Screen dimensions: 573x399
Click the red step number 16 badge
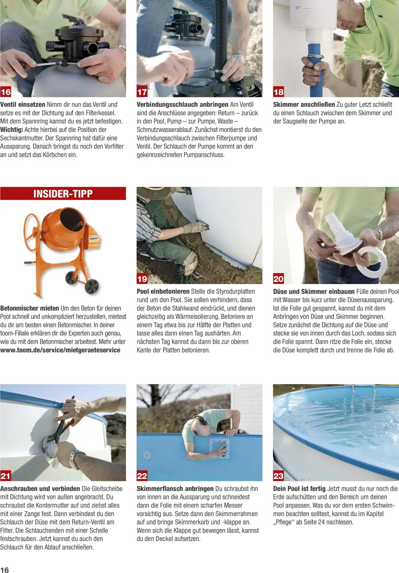pos(6,92)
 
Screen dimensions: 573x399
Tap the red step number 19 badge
pos(142,279)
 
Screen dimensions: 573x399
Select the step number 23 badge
pos(279,476)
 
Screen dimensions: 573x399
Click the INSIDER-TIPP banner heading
pos(63,194)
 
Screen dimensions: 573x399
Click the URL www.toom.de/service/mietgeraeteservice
pos(60,350)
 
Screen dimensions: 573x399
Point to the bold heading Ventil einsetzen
pos(23,105)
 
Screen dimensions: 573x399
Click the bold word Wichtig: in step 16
pos(12,129)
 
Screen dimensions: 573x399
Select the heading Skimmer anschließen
pos(304,105)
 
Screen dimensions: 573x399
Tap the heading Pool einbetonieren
pos(163,291)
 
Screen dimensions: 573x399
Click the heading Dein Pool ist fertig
pos(299,489)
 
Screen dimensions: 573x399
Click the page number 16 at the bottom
pos(5,568)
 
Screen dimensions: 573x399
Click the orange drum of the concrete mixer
pos(64,227)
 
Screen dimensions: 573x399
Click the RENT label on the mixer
pos(94,239)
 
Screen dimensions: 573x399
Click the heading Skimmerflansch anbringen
pos(175,489)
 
